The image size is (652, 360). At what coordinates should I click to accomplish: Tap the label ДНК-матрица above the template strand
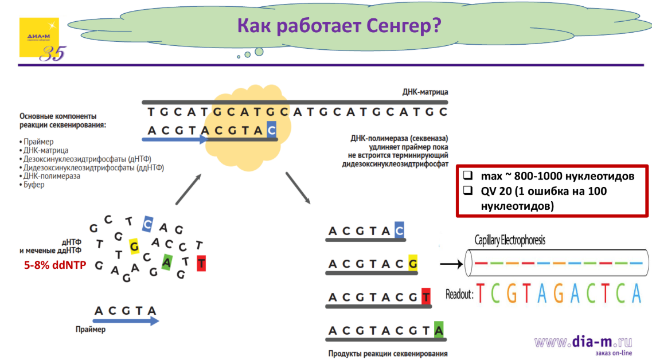click(425, 92)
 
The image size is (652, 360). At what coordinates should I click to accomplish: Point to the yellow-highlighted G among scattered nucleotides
click(135, 246)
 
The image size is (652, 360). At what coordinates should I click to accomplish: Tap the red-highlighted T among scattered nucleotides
click(201, 264)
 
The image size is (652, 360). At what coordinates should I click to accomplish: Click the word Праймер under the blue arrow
click(91, 330)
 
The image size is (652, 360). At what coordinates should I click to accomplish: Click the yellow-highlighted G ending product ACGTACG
click(413, 264)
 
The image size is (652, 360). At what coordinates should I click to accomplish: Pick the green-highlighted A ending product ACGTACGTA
click(439, 330)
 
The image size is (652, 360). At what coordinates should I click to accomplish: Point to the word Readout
click(459, 294)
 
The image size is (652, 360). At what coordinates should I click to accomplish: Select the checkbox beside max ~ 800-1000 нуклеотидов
click(468, 175)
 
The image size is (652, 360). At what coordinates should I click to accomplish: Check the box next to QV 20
click(468, 191)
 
